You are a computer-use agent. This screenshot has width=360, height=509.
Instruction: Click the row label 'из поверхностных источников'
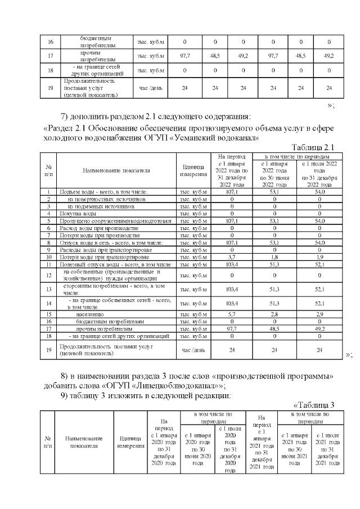(107, 199)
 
